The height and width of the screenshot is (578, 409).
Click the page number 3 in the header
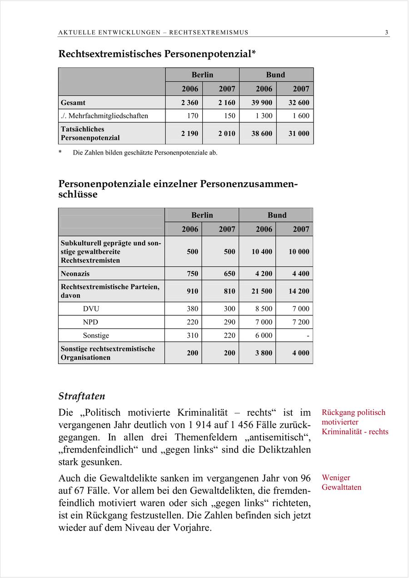click(386, 32)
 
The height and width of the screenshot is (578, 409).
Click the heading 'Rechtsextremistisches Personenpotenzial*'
click(157, 54)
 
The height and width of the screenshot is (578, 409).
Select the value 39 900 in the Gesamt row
click(262, 103)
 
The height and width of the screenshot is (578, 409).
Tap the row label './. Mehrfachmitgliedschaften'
click(105, 116)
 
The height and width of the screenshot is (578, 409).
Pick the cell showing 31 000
click(299, 134)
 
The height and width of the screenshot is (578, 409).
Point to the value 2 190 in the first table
click(190, 134)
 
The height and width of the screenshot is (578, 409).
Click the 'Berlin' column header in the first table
click(202, 75)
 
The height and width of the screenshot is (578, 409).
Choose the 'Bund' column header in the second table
click(277, 215)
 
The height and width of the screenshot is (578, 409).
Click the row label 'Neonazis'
click(75, 274)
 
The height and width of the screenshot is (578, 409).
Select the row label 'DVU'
click(91, 309)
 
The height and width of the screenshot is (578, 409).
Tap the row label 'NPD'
click(90, 322)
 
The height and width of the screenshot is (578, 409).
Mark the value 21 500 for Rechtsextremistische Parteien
click(262, 291)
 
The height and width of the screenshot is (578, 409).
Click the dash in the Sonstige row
click(308, 336)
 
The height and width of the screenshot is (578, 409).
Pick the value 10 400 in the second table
click(262, 252)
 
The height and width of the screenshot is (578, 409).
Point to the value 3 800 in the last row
click(264, 353)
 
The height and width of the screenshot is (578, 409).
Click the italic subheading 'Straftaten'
click(82, 396)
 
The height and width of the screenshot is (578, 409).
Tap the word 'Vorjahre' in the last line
click(191, 528)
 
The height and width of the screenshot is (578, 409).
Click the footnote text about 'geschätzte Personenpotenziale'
click(145, 153)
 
